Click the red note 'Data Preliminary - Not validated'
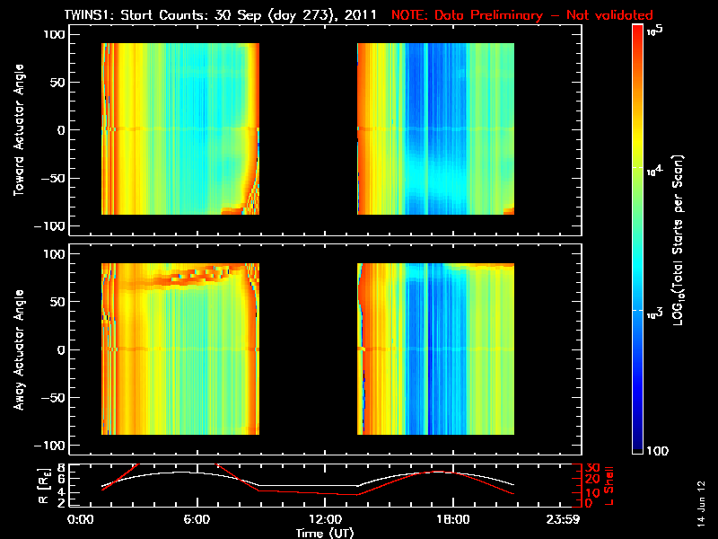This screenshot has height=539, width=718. (x=522, y=15)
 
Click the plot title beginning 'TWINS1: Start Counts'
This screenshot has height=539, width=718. (x=225, y=15)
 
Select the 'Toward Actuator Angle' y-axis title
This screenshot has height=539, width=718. (x=17, y=130)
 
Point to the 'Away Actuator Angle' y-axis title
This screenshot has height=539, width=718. (x=17, y=350)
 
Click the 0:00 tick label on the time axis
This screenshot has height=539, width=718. (x=80, y=518)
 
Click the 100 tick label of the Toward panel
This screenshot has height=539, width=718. (x=57, y=33)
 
